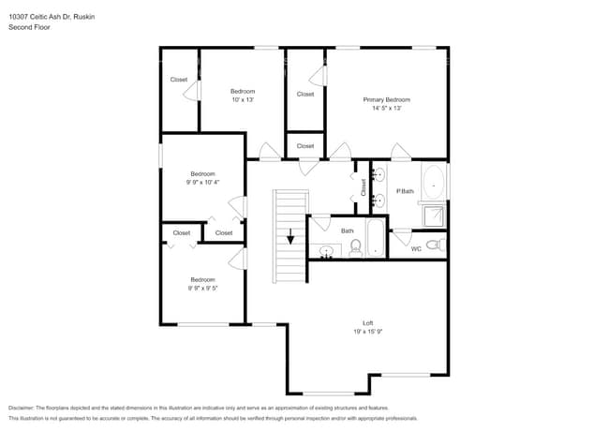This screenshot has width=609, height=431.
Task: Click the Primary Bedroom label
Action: [x=386, y=99]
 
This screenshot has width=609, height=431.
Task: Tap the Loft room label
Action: [x=367, y=322]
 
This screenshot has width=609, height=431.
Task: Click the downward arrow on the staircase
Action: [x=290, y=237]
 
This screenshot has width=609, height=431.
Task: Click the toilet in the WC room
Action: [x=434, y=245]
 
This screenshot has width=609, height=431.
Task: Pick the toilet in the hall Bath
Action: [x=356, y=248]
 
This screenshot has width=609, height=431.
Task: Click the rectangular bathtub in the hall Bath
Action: [x=375, y=238]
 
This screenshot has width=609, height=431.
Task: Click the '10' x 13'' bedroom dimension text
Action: [x=243, y=99]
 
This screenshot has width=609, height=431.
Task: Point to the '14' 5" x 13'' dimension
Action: [x=386, y=108]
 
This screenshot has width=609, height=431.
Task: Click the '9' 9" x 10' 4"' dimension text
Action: [x=203, y=182]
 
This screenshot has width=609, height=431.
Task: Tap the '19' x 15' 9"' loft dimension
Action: [x=367, y=331]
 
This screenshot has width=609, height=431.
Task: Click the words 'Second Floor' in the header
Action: [x=29, y=28]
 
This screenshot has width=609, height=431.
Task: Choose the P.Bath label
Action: [x=405, y=191]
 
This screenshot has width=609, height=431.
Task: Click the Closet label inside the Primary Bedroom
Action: [x=305, y=94]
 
